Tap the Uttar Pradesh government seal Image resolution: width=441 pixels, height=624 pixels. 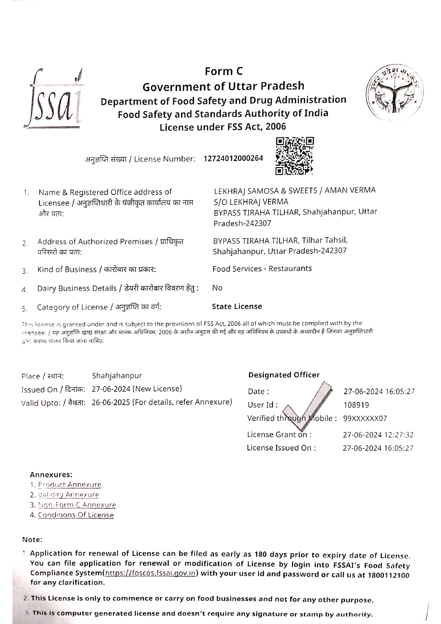pyautogui.click(x=393, y=94)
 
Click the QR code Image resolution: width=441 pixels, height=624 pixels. pyautogui.click(x=295, y=156)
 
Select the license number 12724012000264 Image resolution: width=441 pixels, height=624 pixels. pyautogui.click(x=233, y=158)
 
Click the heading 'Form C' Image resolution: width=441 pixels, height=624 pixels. pyautogui.click(x=224, y=71)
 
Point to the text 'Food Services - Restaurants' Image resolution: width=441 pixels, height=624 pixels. pyautogui.click(x=262, y=269)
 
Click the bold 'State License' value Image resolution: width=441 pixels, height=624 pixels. pyautogui.click(x=237, y=306)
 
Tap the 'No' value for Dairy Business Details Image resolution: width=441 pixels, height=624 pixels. pyautogui.click(x=217, y=288)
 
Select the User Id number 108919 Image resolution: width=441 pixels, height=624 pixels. pyautogui.click(x=356, y=405)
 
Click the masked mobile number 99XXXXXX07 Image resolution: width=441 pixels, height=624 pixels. pyautogui.click(x=365, y=418)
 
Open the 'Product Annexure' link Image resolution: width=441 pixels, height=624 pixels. pyautogui.click(x=70, y=485)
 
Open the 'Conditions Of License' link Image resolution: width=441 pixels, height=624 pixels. pyautogui.click(x=76, y=515)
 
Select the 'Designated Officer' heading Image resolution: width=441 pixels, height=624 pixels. pyautogui.click(x=284, y=375)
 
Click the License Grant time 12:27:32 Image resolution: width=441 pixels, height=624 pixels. pyautogui.click(x=398, y=435)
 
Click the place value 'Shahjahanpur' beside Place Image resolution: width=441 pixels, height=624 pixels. pyautogui.click(x=117, y=376)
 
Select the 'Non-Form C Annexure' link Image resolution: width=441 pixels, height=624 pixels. pyautogui.click(x=77, y=505)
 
